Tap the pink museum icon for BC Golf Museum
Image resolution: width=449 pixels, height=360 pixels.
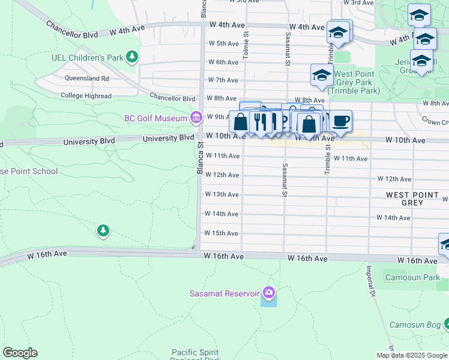tap(196, 118)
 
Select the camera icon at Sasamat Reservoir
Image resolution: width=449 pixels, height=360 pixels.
tap(269, 293)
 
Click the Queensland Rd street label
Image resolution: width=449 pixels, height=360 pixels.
tap(89, 78)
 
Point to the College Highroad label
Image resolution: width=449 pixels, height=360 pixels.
tap(86, 96)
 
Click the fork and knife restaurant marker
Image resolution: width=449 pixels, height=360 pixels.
tap(261, 122)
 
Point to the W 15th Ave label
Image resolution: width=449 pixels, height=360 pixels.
tap(221, 233)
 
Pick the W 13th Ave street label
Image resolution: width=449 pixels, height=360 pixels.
tap(221, 194)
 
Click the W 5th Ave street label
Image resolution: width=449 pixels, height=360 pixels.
tap(223, 43)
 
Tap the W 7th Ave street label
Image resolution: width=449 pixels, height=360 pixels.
tap(223, 80)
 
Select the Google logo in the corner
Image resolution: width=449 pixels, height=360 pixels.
tap(20, 353)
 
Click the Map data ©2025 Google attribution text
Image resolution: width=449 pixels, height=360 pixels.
tap(412, 355)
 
